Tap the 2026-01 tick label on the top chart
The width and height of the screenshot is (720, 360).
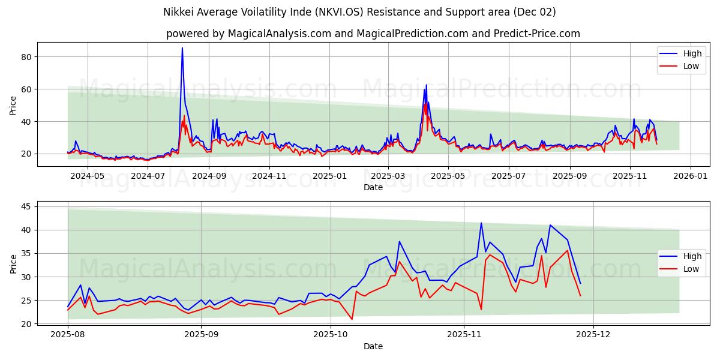click(691, 176)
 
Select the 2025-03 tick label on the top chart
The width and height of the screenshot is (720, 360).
click(388, 176)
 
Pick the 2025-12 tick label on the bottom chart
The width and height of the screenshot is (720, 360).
click(593, 335)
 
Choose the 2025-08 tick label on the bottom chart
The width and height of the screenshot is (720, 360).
click(68, 335)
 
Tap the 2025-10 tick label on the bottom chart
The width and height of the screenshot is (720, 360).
click(331, 335)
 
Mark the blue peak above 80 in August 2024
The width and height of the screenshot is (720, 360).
click(182, 48)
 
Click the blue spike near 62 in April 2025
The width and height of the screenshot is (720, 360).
click(426, 85)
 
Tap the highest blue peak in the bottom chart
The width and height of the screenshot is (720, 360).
click(481, 223)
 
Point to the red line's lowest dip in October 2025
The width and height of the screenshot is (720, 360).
click(352, 319)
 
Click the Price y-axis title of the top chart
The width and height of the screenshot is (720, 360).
click(13, 105)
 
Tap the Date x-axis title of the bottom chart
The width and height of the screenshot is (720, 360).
click(373, 346)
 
